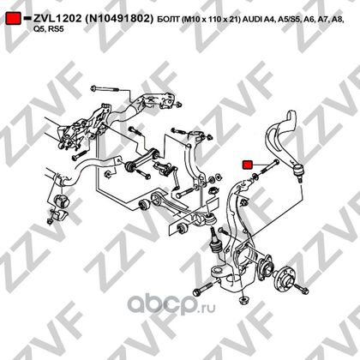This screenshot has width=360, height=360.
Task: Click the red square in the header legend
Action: [x=14, y=18]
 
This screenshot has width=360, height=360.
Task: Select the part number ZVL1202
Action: [x=57, y=18]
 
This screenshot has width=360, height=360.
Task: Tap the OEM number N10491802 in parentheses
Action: [x=117, y=19]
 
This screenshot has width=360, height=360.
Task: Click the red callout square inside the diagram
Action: [x=247, y=165]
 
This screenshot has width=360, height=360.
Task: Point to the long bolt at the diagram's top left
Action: [x=104, y=88]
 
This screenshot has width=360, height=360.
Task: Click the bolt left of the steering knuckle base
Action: [x=203, y=289]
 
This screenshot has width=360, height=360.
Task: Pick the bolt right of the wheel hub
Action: [x=300, y=289]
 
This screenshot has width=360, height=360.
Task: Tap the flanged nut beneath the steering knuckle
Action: [x=243, y=300]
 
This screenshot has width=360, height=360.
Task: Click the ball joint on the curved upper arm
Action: [x=298, y=171]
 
